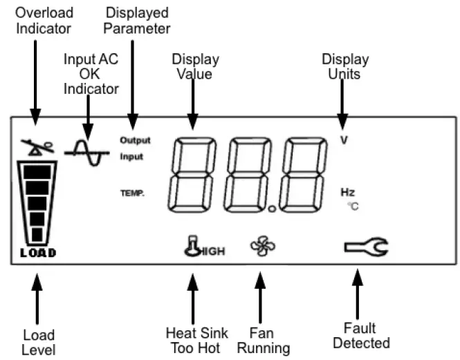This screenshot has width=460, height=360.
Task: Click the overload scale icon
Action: (36, 146)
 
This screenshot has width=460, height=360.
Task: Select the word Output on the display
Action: (134, 140)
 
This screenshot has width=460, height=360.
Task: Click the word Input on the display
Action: (131, 157)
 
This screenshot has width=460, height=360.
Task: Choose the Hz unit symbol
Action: (347, 193)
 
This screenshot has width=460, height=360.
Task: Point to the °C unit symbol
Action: (352, 206)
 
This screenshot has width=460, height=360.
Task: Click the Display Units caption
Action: (344, 66)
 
